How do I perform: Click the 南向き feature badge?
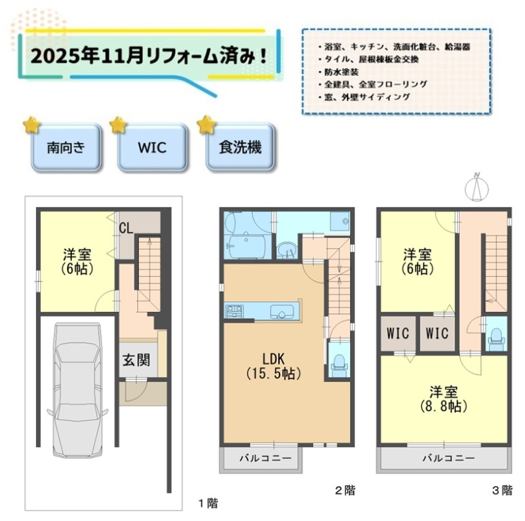(x=66, y=147)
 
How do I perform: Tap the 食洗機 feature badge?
(x=240, y=147)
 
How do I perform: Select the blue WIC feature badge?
(x=153, y=147)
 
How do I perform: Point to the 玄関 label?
(x=136, y=360)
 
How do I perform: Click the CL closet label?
(x=126, y=229)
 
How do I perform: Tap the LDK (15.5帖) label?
(x=274, y=366)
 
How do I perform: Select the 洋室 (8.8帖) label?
(x=444, y=398)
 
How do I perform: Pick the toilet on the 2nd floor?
(x=339, y=364)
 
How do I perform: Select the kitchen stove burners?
(x=234, y=311)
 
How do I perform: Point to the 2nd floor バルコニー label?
(x=265, y=458)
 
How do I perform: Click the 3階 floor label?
(x=502, y=490)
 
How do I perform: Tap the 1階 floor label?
(x=208, y=503)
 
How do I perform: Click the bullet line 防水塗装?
(x=339, y=72)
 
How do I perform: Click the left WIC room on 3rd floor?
(x=397, y=333)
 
